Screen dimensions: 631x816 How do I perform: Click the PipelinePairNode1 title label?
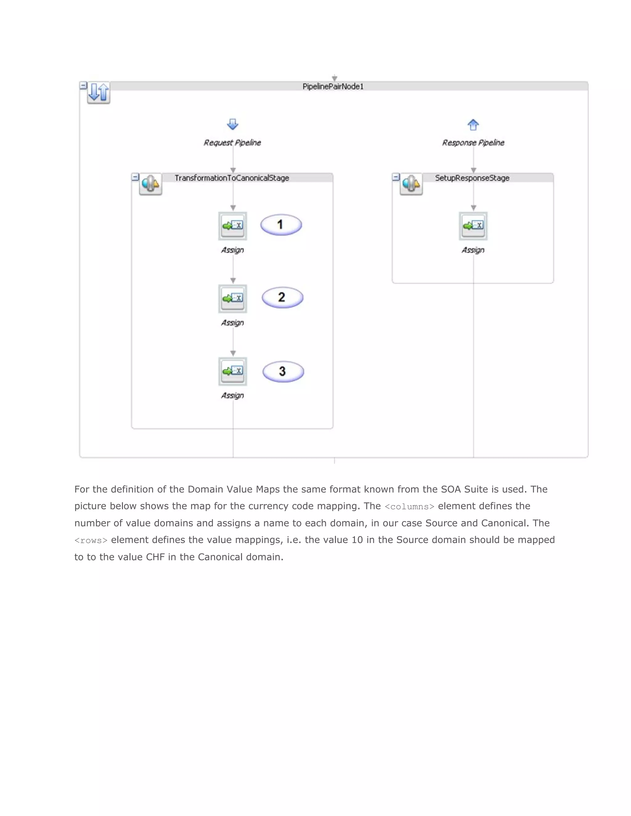point(333,86)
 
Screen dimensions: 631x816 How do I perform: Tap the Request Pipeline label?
point(232,142)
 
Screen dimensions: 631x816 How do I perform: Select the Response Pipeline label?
point(473,142)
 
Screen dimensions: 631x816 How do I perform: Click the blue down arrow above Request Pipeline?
point(233,124)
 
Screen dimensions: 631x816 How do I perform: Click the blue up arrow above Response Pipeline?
point(473,124)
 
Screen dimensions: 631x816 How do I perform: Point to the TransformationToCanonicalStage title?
point(232,178)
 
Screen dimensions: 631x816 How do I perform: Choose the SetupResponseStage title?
point(472,178)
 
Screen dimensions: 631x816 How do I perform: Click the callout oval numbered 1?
point(281,224)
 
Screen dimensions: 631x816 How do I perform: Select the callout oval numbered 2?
point(282,297)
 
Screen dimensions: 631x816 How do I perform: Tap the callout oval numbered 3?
point(283,371)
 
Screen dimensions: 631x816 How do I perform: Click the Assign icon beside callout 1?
point(233,226)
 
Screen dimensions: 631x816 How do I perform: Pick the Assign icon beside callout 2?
point(233,298)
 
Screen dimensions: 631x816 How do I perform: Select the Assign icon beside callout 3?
point(233,371)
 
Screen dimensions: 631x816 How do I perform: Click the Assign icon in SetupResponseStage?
point(473,226)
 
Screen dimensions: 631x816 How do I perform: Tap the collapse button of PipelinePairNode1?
point(83,86)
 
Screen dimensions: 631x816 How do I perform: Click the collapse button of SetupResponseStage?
point(396,177)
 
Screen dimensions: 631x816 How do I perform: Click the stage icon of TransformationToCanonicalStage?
point(150,184)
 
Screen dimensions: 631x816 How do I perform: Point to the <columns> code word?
point(409,507)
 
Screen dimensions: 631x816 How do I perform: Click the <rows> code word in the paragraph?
point(91,541)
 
